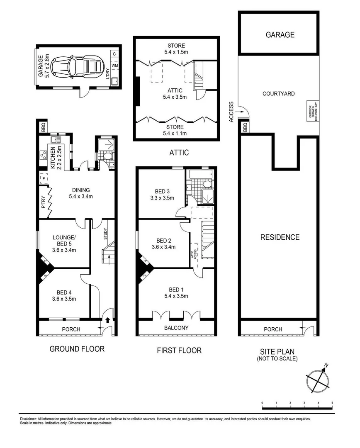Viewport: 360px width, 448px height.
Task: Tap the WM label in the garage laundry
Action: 115,66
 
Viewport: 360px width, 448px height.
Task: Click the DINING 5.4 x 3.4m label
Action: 80,193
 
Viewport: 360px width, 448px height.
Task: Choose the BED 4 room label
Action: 64,295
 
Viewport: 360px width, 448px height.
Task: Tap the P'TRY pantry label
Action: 43,202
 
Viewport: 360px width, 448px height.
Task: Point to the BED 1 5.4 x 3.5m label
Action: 176,292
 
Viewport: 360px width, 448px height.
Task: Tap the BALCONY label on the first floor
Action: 176,328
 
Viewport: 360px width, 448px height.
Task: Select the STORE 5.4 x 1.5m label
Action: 176,49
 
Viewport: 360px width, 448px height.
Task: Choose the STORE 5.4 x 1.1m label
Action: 175,130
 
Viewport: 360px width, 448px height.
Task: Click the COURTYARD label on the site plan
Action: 278,94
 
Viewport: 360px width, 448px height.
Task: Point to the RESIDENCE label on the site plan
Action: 280,237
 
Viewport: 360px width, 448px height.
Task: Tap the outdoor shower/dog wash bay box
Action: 311,111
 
